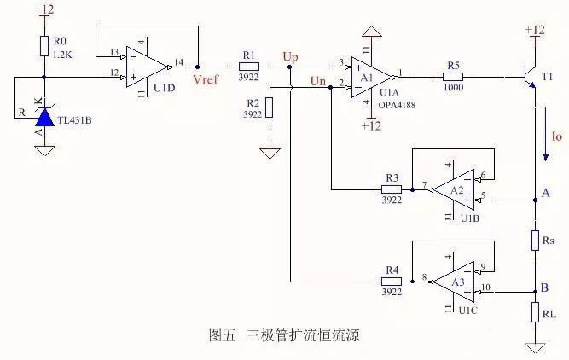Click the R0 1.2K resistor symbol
[x=43, y=48]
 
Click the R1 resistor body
[x=249, y=66]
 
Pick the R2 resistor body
[x=270, y=107]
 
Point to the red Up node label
[x=290, y=56]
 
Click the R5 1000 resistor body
[x=453, y=76]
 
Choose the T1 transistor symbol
[x=531, y=77]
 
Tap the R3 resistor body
[x=392, y=189]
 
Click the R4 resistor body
[x=392, y=280]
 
